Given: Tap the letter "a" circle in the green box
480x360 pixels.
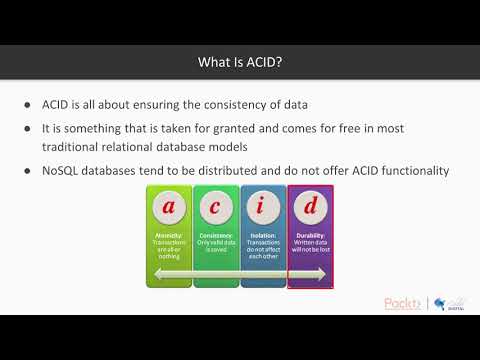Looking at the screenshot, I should pyautogui.click(x=168, y=207).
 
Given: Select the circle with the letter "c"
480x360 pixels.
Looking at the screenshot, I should pyautogui.click(x=215, y=207).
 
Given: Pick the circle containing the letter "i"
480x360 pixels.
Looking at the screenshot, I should pyautogui.click(x=263, y=207).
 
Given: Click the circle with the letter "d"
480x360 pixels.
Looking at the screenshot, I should pyautogui.click(x=310, y=207).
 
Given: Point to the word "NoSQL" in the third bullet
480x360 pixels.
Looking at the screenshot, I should pyautogui.click(x=62, y=171).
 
